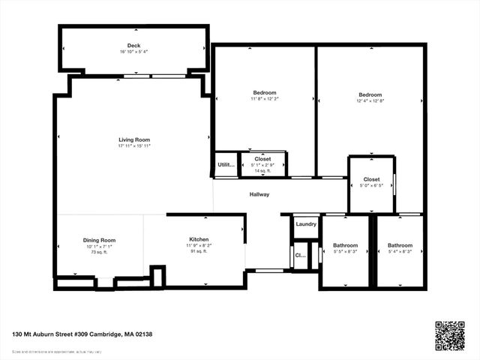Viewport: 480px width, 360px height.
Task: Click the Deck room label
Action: (x=133, y=46)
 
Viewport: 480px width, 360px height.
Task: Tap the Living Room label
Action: (x=134, y=139)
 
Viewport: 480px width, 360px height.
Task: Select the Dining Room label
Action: (x=99, y=240)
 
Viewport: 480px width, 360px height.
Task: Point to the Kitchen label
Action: (x=199, y=239)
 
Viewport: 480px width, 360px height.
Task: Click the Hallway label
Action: (x=259, y=194)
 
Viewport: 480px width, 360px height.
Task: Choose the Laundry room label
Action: (x=305, y=223)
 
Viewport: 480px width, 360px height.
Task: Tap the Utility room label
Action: (x=226, y=164)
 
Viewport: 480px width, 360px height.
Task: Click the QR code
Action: (x=450, y=335)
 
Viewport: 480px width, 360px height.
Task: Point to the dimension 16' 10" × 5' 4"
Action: (x=133, y=52)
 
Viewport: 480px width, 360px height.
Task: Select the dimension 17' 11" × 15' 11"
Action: (x=134, y=145)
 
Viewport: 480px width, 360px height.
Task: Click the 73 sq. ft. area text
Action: (x=99, y=252)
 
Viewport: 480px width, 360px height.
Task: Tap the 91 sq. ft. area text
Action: (x=199, y=251)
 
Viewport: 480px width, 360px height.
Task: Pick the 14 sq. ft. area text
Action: (x=262, y=171)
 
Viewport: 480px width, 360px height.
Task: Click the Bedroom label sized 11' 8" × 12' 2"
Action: (x=264, y=93)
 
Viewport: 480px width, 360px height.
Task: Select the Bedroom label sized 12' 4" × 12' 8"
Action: (x=370, y=94)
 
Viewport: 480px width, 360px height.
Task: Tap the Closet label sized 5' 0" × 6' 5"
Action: (x=371, y=179)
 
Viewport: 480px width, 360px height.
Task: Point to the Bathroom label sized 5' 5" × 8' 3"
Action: (x=346, y=245)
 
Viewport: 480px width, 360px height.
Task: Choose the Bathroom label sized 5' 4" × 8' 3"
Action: (x=400, y=245)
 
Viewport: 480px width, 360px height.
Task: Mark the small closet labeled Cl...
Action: (x=300, y=255)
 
